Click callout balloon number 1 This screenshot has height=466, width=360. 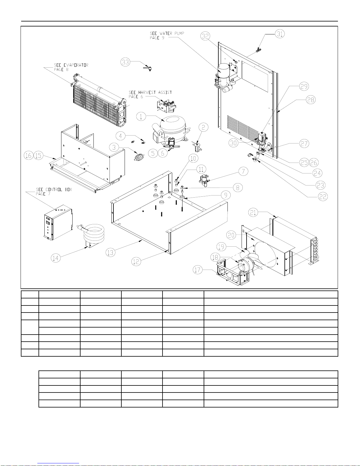[x=141, y=116]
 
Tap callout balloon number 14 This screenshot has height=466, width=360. [x=55, y=258]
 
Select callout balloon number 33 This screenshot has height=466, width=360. [x=125, y=62]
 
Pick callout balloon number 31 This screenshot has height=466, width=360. [x=280, y=34]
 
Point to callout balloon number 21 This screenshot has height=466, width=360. [x=253, y=212]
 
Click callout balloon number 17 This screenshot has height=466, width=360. [x=198, y=269]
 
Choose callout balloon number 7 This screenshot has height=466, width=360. [x=243, y=171]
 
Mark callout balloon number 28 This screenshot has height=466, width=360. [x=310, y=100]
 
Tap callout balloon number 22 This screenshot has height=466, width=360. [x=323, y=196]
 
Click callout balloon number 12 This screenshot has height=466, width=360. [x=136, y=261]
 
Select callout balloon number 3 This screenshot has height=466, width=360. [x=114, y=147]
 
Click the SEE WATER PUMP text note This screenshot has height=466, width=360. [x=167, y=36]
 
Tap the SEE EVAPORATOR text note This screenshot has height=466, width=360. [x=71, y=67]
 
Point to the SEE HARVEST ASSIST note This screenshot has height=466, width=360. [x=150, y=94]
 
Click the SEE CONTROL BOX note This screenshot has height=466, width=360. [x=54, y=192]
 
